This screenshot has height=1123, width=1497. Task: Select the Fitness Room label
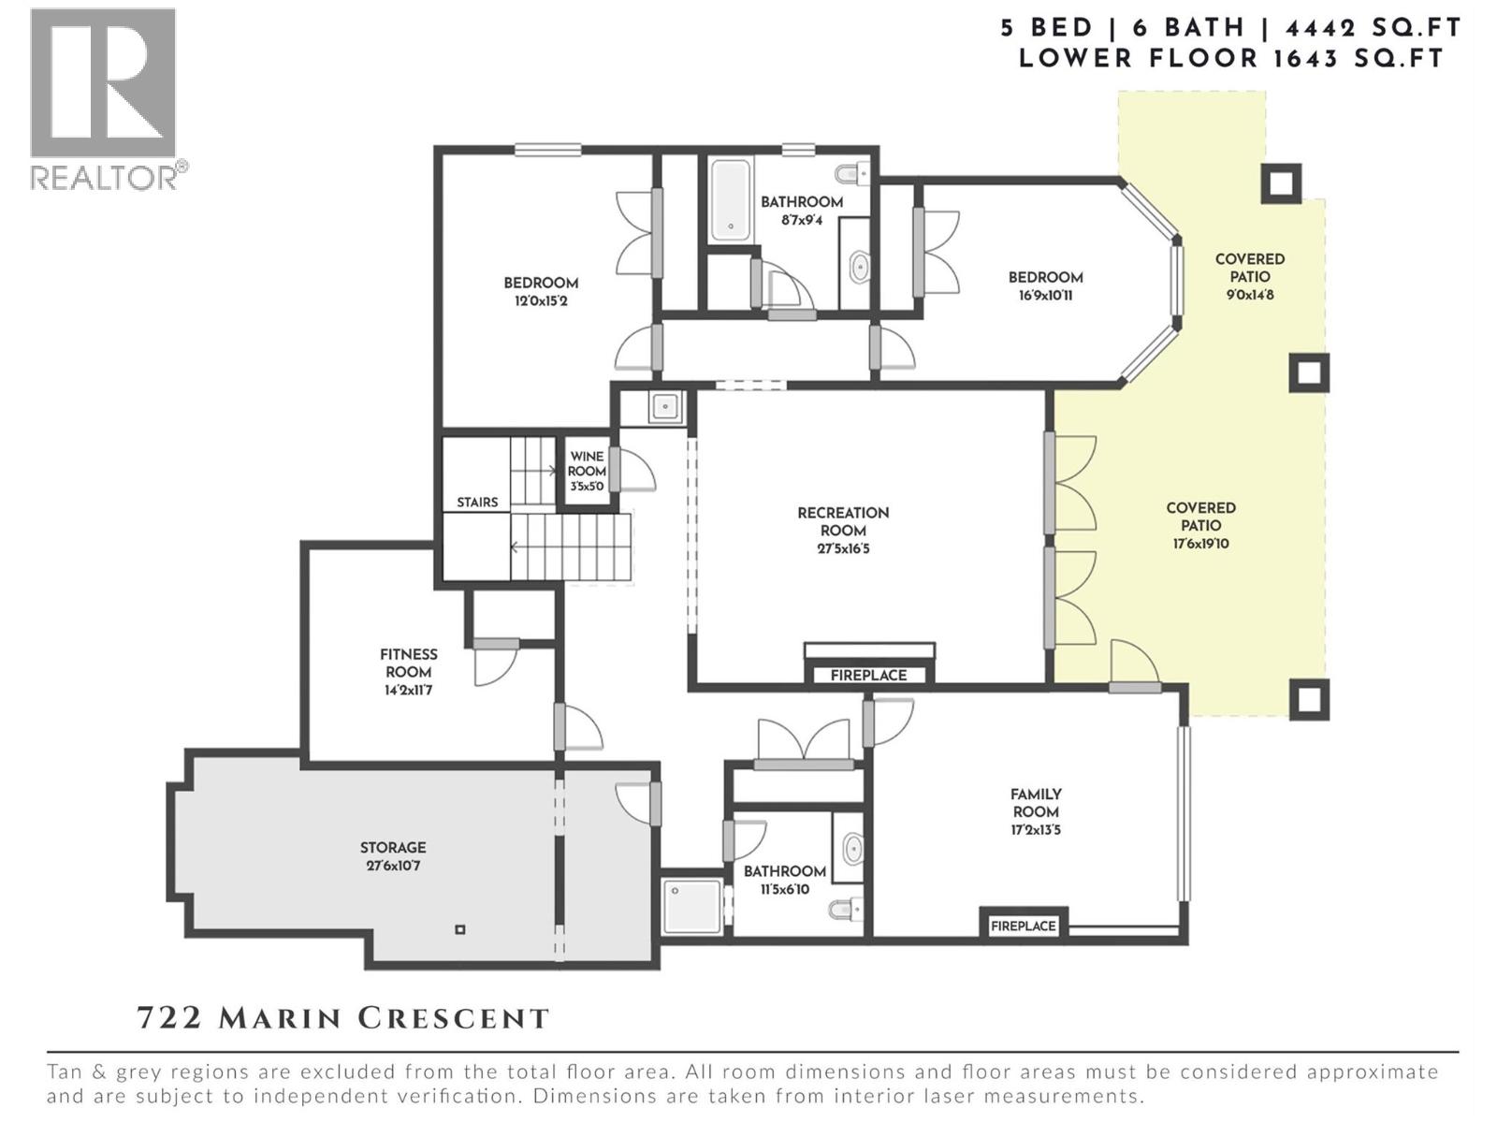point(409,663)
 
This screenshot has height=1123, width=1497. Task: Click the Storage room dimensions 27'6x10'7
point(393,866)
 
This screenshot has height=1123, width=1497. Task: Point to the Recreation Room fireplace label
point(868,675)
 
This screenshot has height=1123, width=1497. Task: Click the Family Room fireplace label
point(1023,926)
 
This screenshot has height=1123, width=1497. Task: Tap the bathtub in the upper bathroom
point(731,198)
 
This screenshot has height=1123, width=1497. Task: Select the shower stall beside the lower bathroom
point(693,907)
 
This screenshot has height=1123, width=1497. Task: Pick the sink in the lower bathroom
point(852,850)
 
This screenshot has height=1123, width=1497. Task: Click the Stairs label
point(477,503)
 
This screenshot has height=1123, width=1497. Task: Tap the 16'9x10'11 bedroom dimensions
point(1045,296)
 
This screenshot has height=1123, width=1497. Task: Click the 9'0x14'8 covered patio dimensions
point(1250,295)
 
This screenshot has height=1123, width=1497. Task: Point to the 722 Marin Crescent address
point(343,1019)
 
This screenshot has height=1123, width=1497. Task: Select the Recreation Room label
point(843,521)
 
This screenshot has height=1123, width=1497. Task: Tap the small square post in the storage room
point(460,928)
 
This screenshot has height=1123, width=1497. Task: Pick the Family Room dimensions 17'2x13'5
point(1036,830)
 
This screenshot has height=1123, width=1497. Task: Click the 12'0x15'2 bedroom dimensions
point(541,300)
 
